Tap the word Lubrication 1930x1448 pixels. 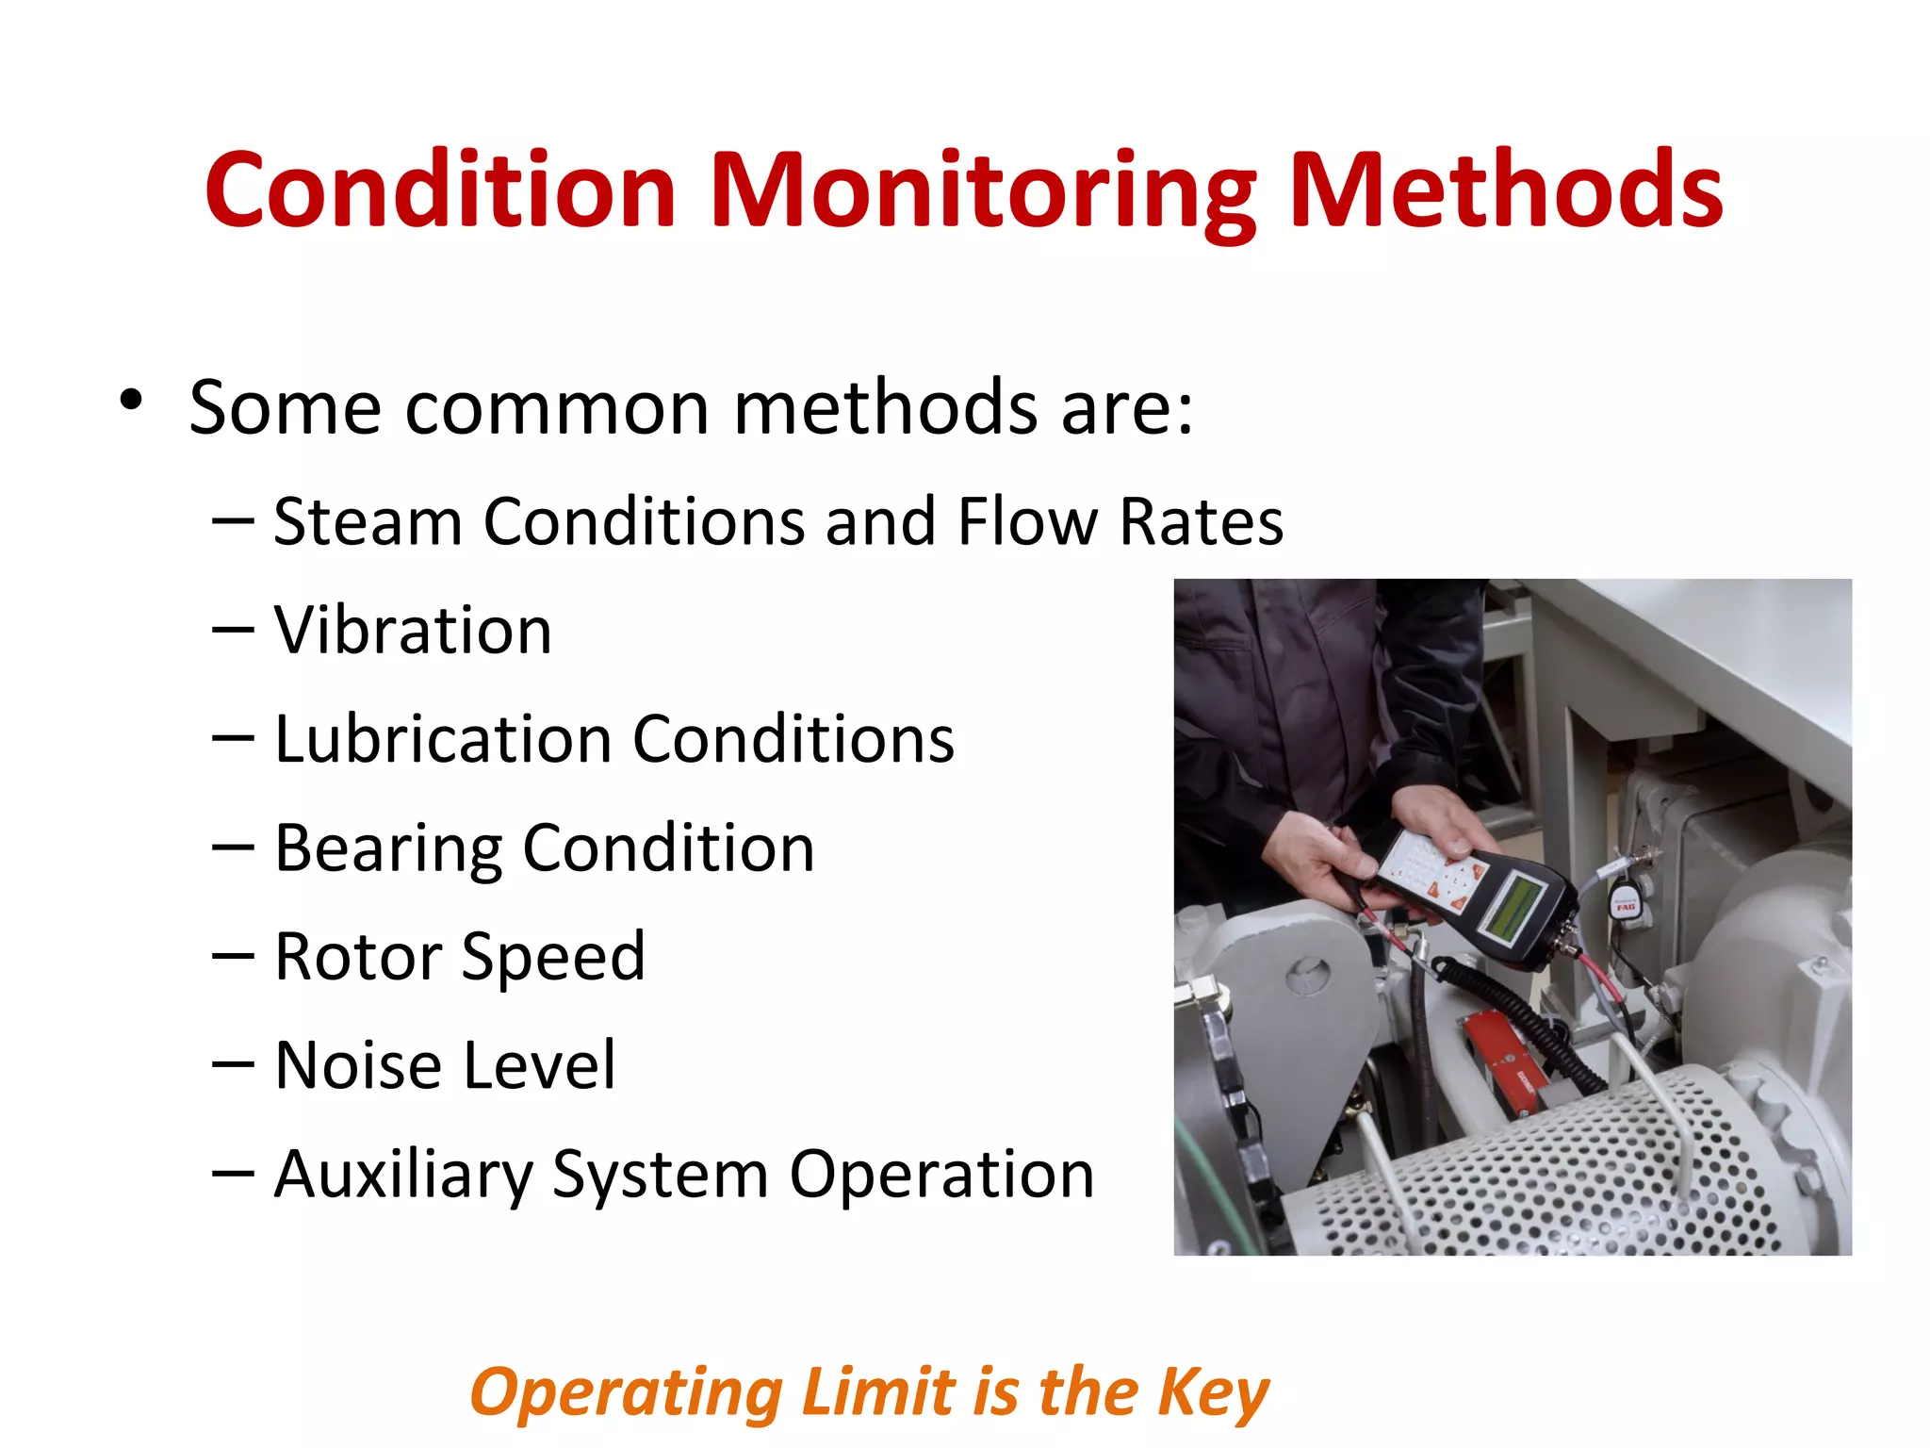[x=442, y=739]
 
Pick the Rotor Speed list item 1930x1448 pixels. [x=460, y=957]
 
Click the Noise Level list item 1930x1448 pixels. [x=445, y=1065]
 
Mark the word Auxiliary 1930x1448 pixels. [x=403, y=1175]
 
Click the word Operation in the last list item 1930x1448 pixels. [x=941, y=1175]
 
